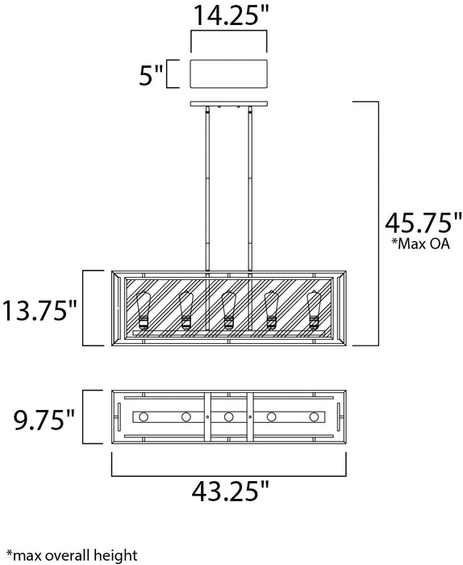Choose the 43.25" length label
pos(229,490)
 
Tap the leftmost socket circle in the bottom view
pos(144,417)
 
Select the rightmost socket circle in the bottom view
pos(314,417)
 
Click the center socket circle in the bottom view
pos(229,417)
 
